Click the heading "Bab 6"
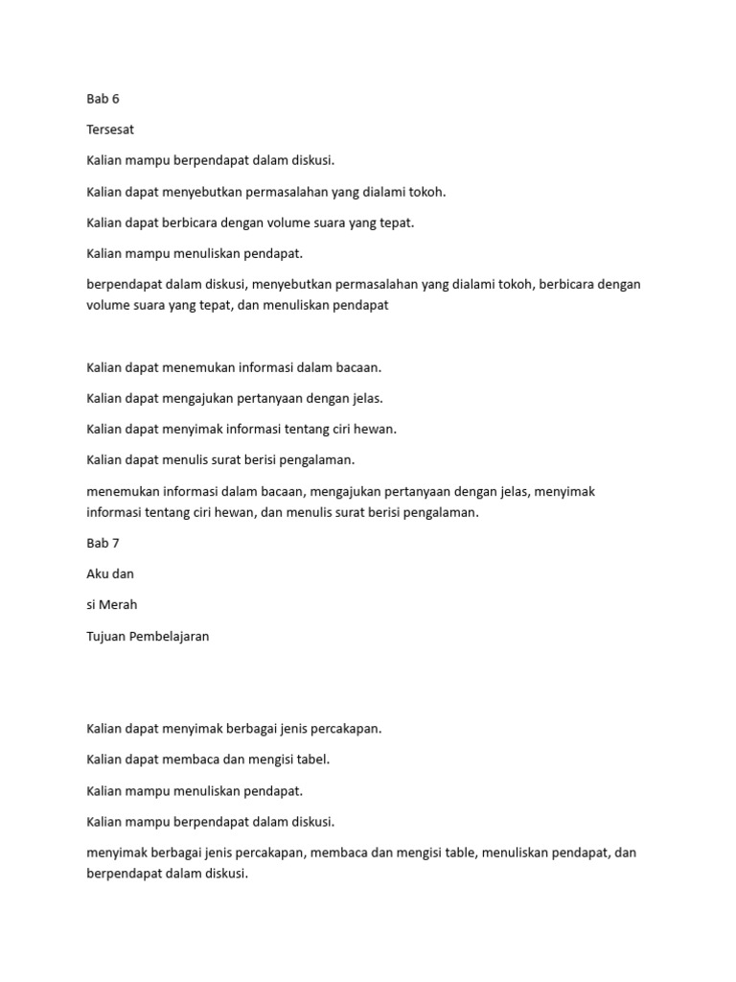tap(103, 99)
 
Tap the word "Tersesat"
tap(112, 129)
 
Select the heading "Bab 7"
tap(103, 543)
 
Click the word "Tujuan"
tap(107, 636)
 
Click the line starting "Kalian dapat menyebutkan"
tap(266, 192)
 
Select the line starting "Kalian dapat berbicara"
tap(250, 222)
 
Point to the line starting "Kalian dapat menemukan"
tap(234, 367)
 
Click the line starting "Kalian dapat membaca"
tap(208, 760)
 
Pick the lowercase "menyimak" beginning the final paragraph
tap(114, 853)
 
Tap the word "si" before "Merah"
tap(92, 605)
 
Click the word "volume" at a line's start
tap(106, 306)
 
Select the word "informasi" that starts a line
tap(114, 512)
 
